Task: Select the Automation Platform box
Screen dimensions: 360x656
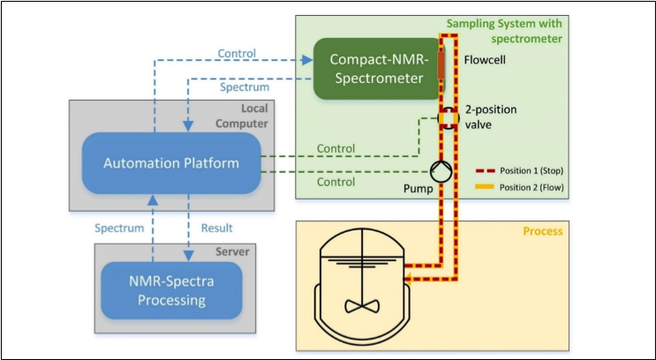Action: point(171,163)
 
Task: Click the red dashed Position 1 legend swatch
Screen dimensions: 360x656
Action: point(489,171)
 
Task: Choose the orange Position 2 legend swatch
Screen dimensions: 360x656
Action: point(489,187)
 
